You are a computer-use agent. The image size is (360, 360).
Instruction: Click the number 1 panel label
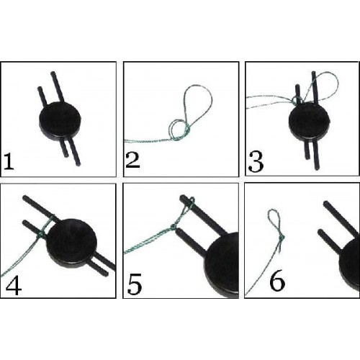coord(9,161)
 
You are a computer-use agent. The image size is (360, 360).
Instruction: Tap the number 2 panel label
coord(132,160)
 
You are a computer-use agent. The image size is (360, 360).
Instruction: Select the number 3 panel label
coord(256,163)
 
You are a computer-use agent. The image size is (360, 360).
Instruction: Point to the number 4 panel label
coord(14,287)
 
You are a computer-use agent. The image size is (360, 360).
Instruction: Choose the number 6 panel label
coord(277,283)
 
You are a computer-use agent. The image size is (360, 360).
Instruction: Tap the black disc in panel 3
coord(310,122)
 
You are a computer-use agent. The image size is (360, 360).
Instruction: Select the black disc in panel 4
coord(71,243)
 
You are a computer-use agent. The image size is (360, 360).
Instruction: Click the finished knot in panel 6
coord(282,238)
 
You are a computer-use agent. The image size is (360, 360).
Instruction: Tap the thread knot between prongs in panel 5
coord(173,226)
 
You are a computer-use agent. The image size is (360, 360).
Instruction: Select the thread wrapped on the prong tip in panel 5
coord(190,202)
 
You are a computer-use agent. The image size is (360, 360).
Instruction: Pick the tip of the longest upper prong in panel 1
coord(53,73)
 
